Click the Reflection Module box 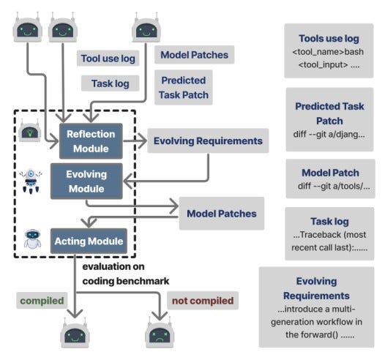click(91, 141)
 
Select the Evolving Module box click(86, 181)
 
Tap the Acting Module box click(89, 241)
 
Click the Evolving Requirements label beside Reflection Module click(208, 141)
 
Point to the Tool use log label click(108, 59)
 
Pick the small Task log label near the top click(111, 83)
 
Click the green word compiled click(42, 301)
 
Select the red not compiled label click(203, 301)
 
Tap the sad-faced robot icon click(160, 333)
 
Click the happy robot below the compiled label click(75, 333)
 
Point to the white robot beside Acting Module click(32, 239)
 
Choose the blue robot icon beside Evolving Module click(31, 181)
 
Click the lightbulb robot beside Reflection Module click(30, 130)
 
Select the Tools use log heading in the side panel click(329, 39)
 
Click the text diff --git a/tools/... click(334, 187)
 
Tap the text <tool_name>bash click(328, 52)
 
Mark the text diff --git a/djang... click(329, 135)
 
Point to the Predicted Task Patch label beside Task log click(184, 88)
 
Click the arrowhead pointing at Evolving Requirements click(142, 141)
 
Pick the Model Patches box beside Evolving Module click(222, 214)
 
